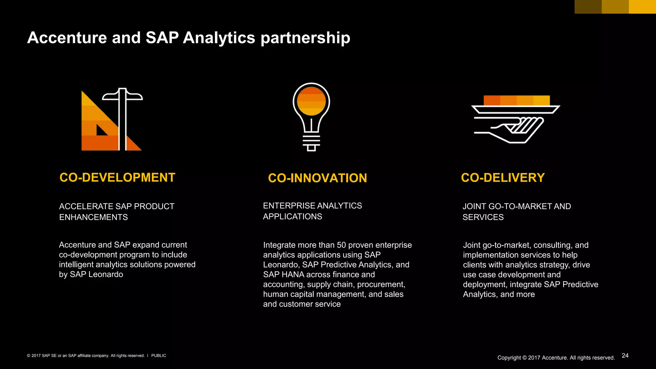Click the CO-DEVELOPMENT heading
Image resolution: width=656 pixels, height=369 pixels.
(117, 177)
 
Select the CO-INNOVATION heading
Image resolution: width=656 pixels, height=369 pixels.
(317, 178)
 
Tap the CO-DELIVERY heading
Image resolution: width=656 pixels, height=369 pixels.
(503, 178)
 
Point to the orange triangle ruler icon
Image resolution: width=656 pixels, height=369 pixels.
(96, 128)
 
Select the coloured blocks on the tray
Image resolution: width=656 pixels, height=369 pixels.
(516, 100)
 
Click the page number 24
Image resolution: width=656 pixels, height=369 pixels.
(625, 356)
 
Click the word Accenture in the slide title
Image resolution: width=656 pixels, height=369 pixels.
(67, 38)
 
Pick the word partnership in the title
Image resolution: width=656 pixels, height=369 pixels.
(305, 38)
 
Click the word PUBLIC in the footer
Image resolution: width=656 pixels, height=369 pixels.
(159, 356)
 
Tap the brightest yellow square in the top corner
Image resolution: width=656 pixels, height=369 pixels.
(642, 6)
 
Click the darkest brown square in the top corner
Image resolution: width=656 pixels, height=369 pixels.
(588, 6)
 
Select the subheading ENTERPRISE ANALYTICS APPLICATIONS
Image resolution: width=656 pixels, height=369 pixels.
(312, 211)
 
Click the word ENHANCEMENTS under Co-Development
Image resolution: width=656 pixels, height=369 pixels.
(93, 217)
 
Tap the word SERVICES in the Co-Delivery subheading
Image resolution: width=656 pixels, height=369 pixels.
(483, 217)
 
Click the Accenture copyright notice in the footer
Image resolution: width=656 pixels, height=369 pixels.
(556, 358)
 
